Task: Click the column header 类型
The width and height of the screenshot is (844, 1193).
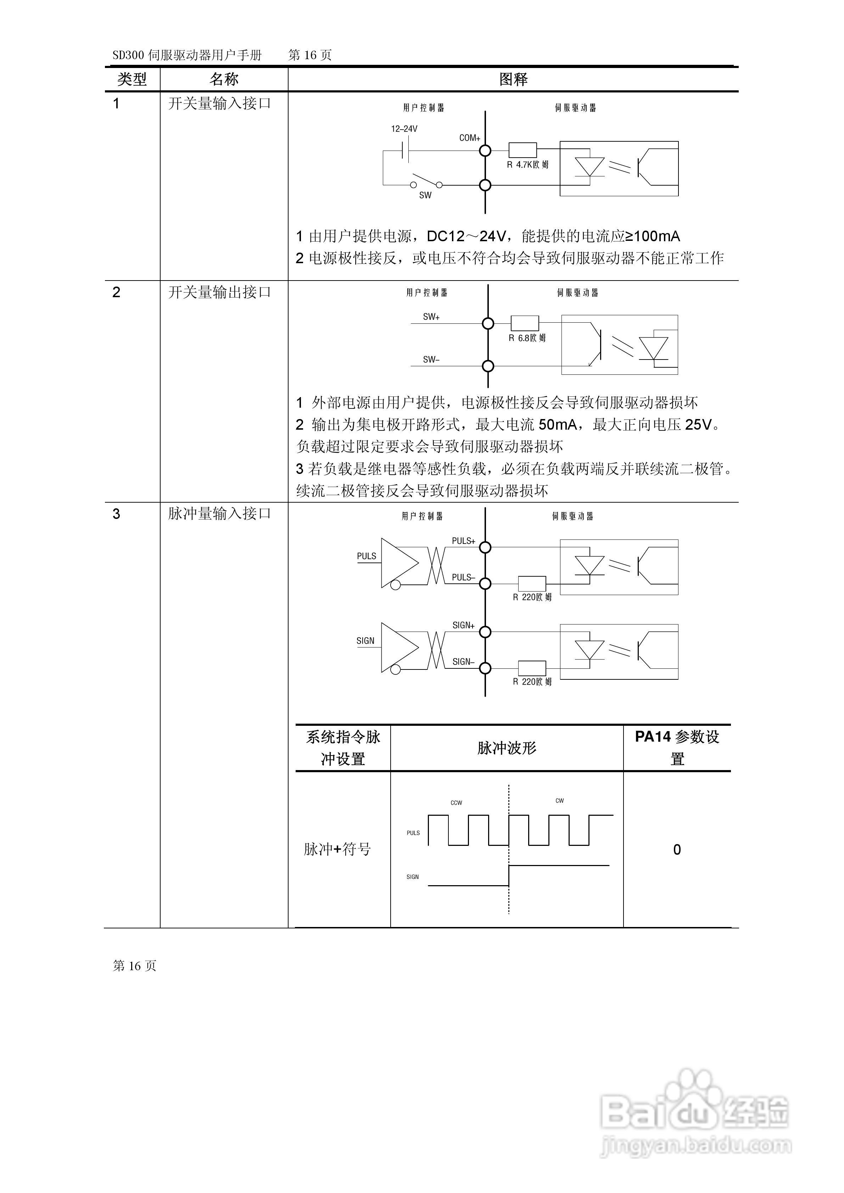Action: coord(132,79)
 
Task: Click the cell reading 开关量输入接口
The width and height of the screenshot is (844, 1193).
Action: coord(219,103)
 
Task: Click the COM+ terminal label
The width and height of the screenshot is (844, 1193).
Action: coord(469,138)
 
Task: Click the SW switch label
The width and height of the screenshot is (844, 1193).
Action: coord(425,196)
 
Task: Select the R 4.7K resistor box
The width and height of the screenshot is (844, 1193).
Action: coord(522,150)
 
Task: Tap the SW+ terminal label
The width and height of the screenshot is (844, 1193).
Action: coord(431,316)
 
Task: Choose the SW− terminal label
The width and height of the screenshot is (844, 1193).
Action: coord(431,359)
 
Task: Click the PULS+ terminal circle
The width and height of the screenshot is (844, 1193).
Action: coord(485,547)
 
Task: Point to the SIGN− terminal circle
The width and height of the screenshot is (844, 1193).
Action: coord(485,668)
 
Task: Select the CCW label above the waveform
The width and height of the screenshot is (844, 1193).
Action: coord(456,803)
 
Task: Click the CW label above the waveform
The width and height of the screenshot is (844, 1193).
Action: coord(560,801)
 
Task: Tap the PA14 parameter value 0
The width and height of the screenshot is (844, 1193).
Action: coord(677,849)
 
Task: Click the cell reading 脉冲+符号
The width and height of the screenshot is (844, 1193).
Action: coord(337,849)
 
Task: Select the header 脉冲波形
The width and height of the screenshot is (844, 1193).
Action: coord(507,748)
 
